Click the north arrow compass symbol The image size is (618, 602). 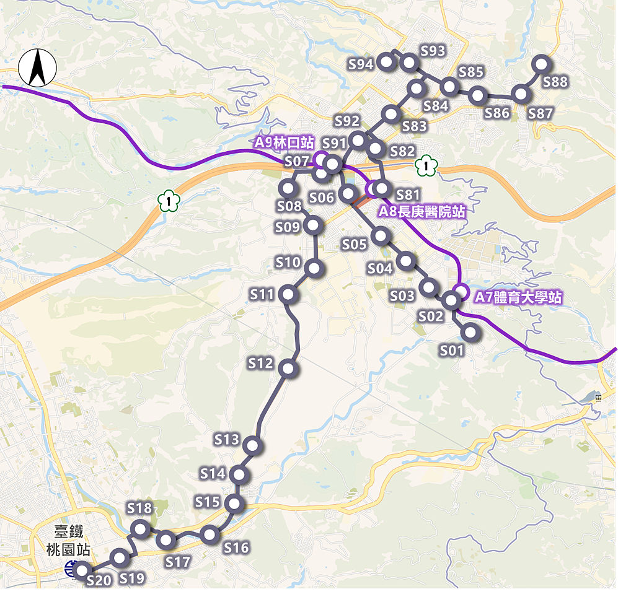pos(37,68)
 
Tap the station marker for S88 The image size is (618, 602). pos(541,63)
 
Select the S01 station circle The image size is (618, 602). pos(470,333)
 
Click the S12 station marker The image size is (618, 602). pos(288,369)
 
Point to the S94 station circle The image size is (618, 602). pos(386,61)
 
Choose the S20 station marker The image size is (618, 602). pos(82,570)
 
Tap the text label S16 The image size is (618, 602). pos(236,547)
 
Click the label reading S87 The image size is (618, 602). pos(540,113)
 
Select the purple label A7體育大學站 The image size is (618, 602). pos(518,298)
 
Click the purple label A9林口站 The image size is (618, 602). pos(284,142)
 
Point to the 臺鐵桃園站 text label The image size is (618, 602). pos(68,540)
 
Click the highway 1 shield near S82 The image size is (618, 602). pos(426,165)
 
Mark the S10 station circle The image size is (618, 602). pos(314,268)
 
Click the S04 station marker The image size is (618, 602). pos(406,261)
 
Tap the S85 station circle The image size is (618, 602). pos(449,87)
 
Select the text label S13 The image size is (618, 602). pos(227,440)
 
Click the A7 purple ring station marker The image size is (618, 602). pos(461,291)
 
